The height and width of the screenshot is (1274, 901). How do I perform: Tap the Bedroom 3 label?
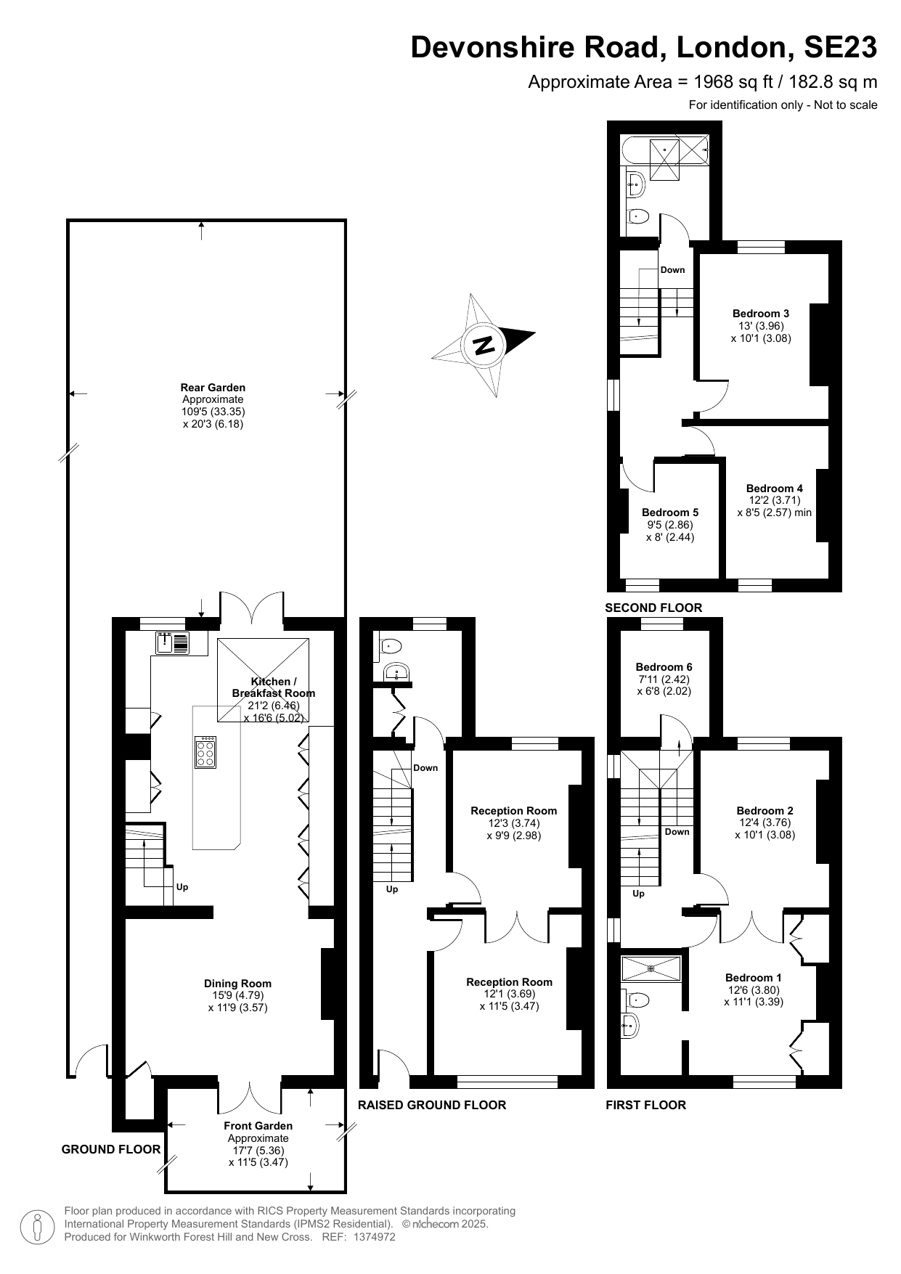coord(760,314)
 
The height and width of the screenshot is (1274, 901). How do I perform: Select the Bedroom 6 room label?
coord(664,666)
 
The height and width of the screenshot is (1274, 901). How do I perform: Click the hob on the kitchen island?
coord(205,752)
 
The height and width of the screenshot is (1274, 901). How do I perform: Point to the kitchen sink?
coord(172,643)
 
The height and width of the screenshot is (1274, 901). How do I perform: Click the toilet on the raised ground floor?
coord(391,645)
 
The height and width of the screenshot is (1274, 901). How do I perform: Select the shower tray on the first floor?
coord(651,967)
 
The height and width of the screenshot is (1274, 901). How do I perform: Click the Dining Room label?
coord(237,984)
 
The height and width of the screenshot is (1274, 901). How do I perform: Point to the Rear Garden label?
coord(213,388)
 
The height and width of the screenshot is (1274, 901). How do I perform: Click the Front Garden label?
coord(258,1126)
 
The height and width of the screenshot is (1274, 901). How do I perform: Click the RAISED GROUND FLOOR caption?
coord(432,1105)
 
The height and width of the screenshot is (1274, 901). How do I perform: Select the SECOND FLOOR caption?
coord(654,608)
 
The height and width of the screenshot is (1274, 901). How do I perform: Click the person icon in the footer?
coord(37,1227)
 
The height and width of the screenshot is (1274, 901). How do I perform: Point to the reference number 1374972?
coord(374,1237)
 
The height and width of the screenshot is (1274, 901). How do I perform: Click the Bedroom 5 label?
coord(669,513)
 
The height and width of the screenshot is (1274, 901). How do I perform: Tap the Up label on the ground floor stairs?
coord(182,887)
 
